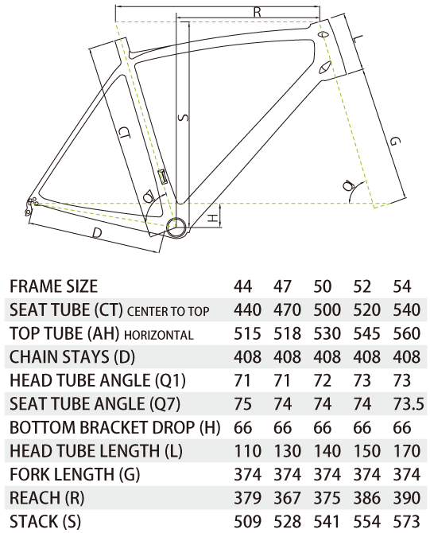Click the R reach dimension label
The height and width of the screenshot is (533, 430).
(258, 12)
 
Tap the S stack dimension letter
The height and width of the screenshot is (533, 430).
(183, 118)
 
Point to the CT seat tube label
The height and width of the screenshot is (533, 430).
(125, 134)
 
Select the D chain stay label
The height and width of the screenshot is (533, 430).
(97, 233)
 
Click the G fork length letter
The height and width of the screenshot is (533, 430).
(395, 141)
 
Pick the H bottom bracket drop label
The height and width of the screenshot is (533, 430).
(212, 218)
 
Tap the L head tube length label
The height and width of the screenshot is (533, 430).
(357, 39)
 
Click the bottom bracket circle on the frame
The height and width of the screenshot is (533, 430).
(176, 228)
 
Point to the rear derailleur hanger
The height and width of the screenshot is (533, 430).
(30, 206)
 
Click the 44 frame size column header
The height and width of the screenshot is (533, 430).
(243, 286)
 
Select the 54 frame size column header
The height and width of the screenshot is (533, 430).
(402, 286)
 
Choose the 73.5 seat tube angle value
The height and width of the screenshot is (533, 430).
(409, 404)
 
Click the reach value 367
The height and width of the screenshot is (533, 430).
(288, 498)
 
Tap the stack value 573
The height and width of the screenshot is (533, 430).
(407, 521)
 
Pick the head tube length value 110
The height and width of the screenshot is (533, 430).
(248, 451)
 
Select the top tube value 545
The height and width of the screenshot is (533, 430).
(367, 333)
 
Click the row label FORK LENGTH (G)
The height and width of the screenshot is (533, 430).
(75, 475)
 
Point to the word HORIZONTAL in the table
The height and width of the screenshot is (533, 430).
(159, 335)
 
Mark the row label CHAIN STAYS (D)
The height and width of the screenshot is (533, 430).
(72, 357)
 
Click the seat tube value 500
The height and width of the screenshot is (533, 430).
(327, 310)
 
